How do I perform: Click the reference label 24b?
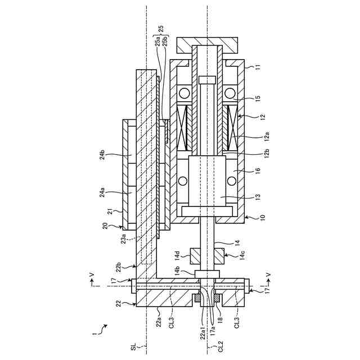pos(102,154)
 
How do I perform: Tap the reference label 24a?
pos(102,192)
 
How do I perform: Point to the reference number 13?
pos(258,196)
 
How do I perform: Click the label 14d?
pos(177,256)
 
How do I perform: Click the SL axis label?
pos(134,347)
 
